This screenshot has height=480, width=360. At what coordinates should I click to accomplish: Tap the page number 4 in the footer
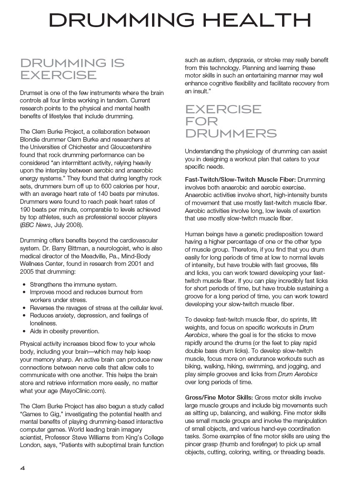[23, 467]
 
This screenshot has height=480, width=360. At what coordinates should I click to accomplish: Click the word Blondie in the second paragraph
[31, 140]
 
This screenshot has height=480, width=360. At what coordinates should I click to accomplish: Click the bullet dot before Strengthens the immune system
[25, 285]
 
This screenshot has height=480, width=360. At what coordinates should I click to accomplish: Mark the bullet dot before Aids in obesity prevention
[25, 331]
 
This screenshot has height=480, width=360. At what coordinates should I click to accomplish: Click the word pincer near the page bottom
[194, 444]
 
